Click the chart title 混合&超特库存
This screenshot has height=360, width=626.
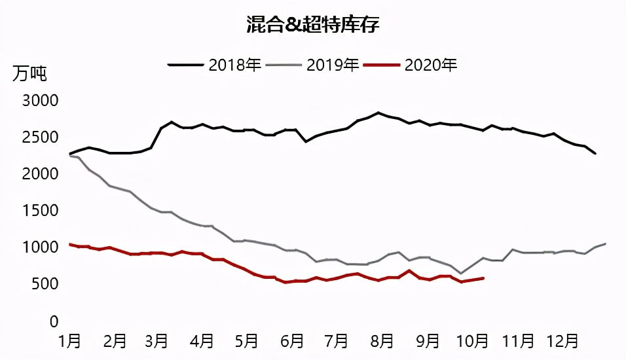[313, 26]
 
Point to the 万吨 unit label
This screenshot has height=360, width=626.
[29, 73]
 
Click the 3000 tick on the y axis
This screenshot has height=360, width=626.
[41, 101]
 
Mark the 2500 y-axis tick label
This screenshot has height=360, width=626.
[41, 137]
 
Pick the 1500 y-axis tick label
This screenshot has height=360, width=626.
[41, 211]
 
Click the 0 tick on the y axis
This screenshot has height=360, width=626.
[54, 321]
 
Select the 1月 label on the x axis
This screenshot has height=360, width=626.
[70, 341]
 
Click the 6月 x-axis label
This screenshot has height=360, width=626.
[293, 341]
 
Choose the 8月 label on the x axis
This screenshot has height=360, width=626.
[382, 341]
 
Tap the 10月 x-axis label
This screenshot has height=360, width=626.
[471, 341]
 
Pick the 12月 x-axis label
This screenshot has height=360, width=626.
[561, 341]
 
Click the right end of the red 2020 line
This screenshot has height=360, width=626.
[483, 278]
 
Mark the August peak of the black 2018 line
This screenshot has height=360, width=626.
[378, 113]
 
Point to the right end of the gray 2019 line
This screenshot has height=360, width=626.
[605, 243]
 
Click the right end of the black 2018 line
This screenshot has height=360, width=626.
[595, 153]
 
